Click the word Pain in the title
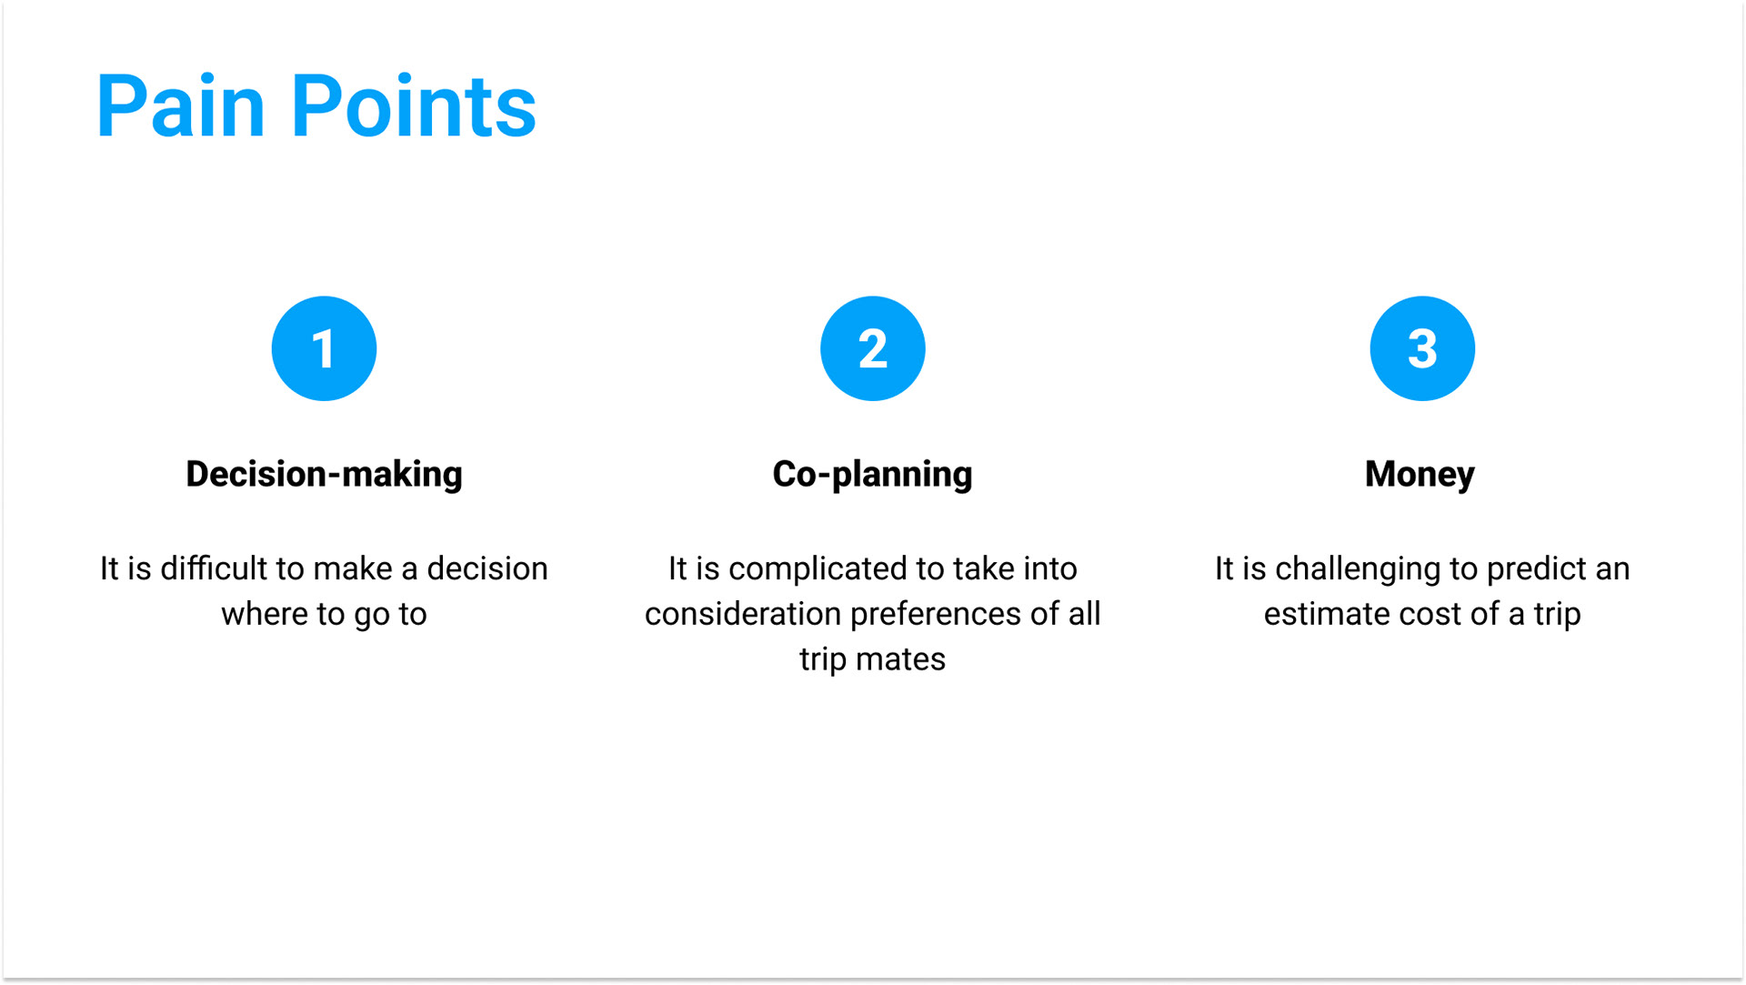point(180,106)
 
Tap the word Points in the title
point(414,106)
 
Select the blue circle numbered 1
point(324,348)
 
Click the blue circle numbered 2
point(873,348)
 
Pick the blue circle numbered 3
point(1422,348)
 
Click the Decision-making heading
point(324,475)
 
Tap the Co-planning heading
point(872,475)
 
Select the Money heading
point(1420,475)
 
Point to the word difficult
point(214,568)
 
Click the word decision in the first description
point(487,568)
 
